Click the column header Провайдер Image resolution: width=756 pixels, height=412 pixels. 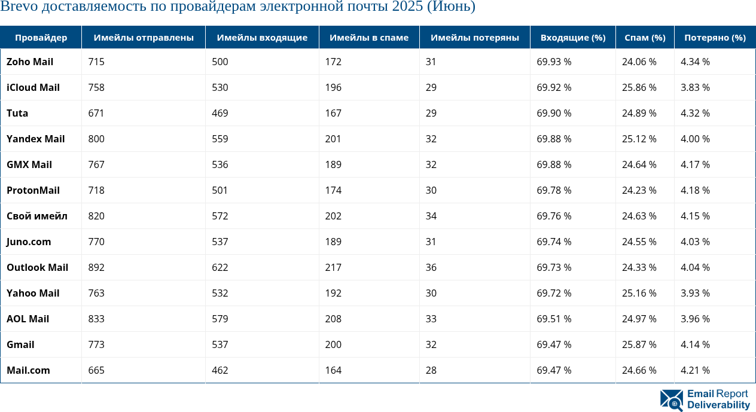tap(41, 38)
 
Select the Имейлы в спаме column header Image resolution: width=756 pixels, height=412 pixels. tap(369, 38)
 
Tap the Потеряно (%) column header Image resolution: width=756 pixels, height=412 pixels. tap(715, 38)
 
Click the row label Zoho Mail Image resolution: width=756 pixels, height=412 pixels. tap(30, 62)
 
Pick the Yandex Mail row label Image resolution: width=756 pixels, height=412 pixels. tap(35, 139)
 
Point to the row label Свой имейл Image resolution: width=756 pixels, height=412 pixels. tap(37, 216)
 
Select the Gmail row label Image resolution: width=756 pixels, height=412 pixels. tap(20, 344)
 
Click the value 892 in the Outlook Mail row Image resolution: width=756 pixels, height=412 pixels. tap(96, 267)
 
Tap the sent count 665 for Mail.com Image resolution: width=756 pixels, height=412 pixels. tap(96, 370)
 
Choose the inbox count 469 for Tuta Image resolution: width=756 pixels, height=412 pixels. tap(220, 113)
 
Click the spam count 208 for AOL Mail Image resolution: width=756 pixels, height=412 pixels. tap(334, 319)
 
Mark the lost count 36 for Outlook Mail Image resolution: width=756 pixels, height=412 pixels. tap(431, 267)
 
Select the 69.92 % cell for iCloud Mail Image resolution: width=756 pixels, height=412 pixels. tap(554, 87)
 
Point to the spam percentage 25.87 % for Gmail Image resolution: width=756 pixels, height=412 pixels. tap(639, 344)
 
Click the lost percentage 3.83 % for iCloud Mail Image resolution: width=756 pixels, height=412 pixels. tap(695, 87)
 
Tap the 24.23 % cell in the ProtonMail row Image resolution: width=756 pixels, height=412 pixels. tap(639, 190)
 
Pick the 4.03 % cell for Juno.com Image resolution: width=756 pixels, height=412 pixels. tap(695, 242)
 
